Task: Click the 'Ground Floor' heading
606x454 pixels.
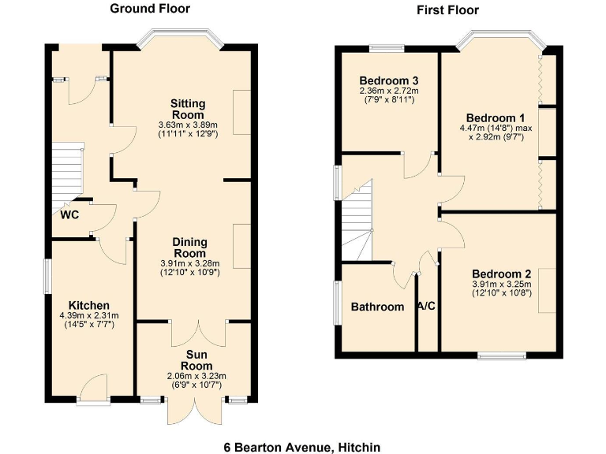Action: point(150,9)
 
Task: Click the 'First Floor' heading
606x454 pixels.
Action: point(447,9)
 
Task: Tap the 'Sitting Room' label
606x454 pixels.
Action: point(188,109)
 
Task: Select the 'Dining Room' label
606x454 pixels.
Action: point(189,248)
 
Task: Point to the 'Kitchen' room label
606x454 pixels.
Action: point(88,305)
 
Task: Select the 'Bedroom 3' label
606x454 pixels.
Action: point(388,80)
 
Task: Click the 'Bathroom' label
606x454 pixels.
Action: point(377,307)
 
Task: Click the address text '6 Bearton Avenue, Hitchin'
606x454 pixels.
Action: point(302,447)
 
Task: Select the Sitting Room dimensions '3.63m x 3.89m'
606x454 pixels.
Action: point(188,125)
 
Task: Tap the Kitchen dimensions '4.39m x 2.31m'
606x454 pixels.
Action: point(88,316)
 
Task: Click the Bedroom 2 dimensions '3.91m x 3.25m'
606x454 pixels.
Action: point(502,285)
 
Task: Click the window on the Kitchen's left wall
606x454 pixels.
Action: point(47,278)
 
